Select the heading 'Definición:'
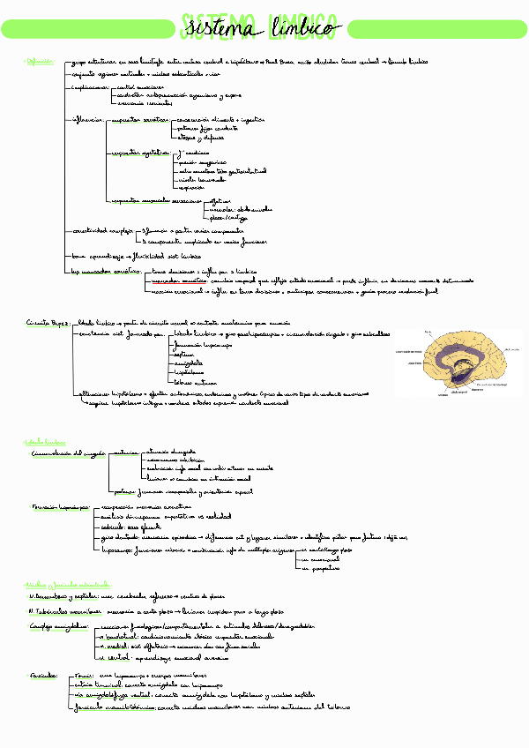pyautogui.click(x=41, y=62)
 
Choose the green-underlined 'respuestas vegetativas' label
pyautogui.click(x=137, y=153)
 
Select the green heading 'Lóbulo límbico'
pyautogui.click(x=43, y=441)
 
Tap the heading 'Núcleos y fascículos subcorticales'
pyautogui.click(x=67, y=585)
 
